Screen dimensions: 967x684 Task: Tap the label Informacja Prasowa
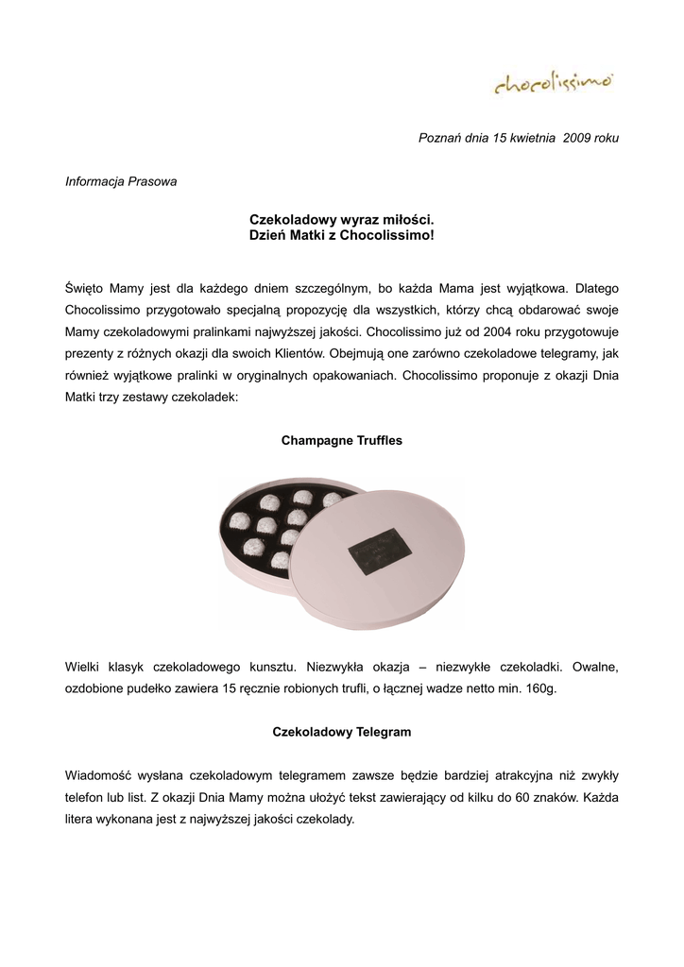click(121, 180)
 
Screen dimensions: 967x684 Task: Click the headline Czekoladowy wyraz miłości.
click(341, 218)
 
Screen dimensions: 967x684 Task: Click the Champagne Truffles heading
click(341, 441)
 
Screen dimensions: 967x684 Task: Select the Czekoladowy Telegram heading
click(341, 732)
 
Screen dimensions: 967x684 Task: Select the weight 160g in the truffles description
click(540, 689)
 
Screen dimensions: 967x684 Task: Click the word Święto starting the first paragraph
click(83, 286)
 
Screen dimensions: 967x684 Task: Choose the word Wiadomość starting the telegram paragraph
click(101, 774)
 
